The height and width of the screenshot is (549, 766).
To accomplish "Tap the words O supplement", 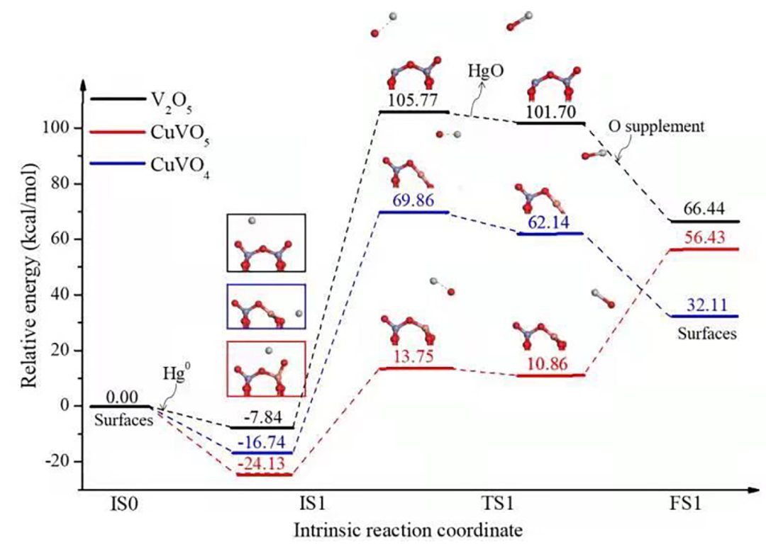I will [656, 127].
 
